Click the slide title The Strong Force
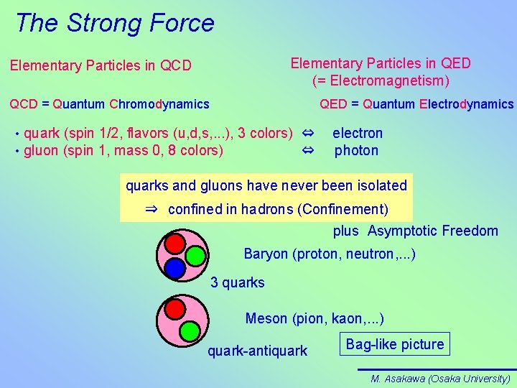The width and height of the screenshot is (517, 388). [x=115, y=23]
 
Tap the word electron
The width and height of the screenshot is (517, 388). [x=357, y=133]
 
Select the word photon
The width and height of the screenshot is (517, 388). [x=356, y=150]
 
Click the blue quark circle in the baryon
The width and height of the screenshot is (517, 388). [x=174, y=268]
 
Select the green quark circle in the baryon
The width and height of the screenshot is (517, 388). [x=195, y=256]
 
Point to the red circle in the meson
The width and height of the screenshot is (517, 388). [x=175, y=309]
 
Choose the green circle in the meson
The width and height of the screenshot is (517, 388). [x=190, y=331]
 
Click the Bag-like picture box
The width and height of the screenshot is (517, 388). [x=395, y=344]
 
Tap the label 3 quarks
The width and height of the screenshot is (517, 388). [x=237, y=282]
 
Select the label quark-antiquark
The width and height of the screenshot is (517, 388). [x=257, y=351]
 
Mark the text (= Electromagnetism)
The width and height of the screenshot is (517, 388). [x=381, y=80]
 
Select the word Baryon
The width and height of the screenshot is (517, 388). [x=265, y=254]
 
